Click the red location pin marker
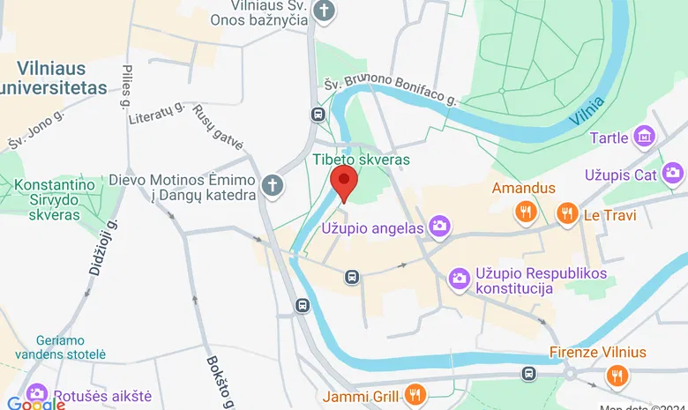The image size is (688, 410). [x=343, y=183]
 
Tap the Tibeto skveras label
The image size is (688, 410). [x=362, y=160]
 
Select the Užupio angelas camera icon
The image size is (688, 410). [x=439, y=227]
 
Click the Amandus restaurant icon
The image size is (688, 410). [x=526, y=211]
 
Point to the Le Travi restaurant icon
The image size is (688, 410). [x=567, y=212]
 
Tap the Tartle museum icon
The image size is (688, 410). [x=646, y=138]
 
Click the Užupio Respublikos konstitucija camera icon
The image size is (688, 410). [x=459, y=279]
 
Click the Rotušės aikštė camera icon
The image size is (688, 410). [x=37, y=393]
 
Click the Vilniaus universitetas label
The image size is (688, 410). [x=54, y=78]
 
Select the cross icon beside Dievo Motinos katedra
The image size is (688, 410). [x=273, y=186]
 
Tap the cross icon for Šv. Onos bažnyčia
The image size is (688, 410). [x=325, y=11]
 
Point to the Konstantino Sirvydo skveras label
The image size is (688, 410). [x=53, y=201]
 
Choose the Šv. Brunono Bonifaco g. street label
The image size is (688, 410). [x=389, y=91]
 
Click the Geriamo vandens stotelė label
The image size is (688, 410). [x=71, y=347]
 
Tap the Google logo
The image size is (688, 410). [x=35, y=403]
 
